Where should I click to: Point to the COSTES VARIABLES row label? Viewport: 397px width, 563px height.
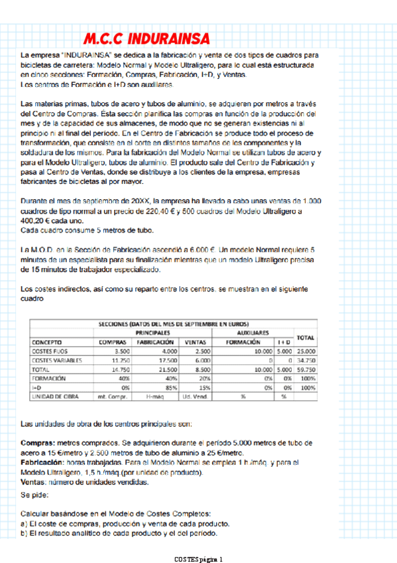point(57,360)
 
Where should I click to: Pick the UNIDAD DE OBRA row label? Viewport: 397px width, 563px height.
point(56,396)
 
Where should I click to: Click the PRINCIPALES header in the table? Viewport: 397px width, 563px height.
point(153,332)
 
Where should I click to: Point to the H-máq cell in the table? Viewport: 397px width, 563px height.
point(153,396)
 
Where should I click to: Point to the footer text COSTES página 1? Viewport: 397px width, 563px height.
point(199,558)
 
